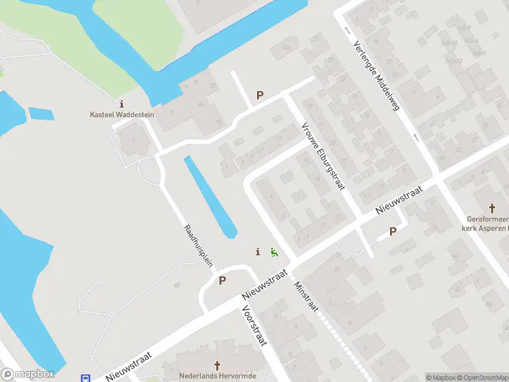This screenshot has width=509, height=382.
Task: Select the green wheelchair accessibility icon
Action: click(274, 252)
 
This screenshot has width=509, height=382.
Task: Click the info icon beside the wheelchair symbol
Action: click(258, 251)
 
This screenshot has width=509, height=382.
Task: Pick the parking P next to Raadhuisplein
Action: click(222, 280)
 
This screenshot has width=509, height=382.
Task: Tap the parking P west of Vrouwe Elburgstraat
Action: click(260, 95)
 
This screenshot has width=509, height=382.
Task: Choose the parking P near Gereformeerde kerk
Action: click(393, 231)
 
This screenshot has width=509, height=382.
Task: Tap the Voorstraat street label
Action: click(253, 325)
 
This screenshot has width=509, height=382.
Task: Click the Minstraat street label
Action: click(305, 295)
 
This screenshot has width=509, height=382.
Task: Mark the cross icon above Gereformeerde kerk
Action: click(492, 208)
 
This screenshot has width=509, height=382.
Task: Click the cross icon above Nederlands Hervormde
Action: click(217, 365)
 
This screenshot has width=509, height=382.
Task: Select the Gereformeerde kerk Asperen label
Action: click(485, 223)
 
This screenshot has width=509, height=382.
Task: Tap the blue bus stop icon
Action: click(85, 378)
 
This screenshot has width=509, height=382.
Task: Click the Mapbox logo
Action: click(27, 374)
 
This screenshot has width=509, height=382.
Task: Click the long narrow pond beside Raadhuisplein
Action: click(210, 197)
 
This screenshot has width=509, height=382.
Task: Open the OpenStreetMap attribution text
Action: click(483, 378)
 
